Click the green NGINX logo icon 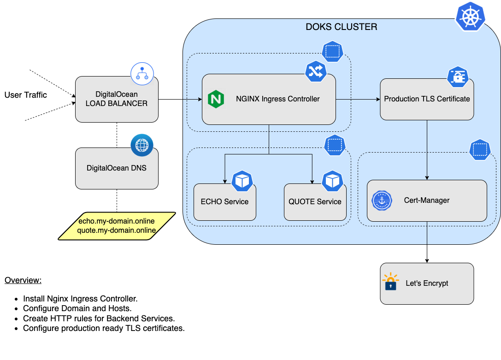[216, 99]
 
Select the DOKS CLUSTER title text [342, 27]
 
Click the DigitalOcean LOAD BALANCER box [117, 100]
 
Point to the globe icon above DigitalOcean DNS [142, 146]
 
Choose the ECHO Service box [224, 202]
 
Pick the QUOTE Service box [315, 202]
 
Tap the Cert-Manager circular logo [382, 201]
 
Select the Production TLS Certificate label [427, 99]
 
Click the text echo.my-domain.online [117, 221]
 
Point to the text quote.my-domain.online [117, 230]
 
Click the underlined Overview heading [23, 280]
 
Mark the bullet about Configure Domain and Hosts [77, 308]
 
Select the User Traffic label [26, 95]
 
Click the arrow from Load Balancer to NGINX [180, 99]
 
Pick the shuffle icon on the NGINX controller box [316, 71]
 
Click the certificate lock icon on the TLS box [458, 77]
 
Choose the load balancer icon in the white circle [142, 74]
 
